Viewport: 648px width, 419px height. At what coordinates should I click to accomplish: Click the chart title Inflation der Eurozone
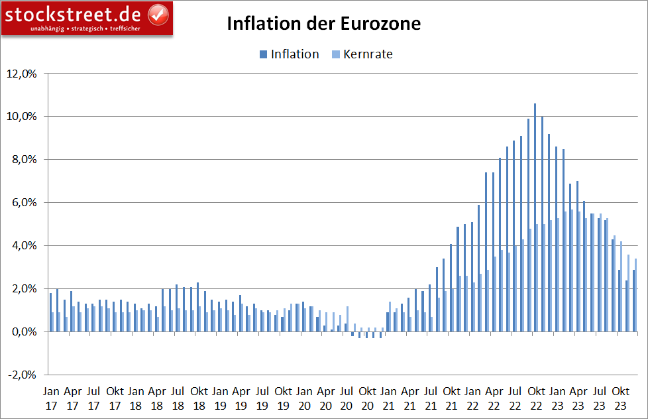(x=324, y=24)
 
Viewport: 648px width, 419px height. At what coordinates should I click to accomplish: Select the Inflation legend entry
(x=289, y=54)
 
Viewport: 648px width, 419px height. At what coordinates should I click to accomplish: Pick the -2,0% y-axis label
(x=24, y=375)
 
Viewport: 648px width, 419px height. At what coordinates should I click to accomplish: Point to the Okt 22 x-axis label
(x=535, y=396)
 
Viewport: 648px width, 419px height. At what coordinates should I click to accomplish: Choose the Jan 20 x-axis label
(x=304, y=396)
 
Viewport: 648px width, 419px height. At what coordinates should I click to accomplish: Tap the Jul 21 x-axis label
(x=430, y=396)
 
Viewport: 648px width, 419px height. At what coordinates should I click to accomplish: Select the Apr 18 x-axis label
(x=157, y=396)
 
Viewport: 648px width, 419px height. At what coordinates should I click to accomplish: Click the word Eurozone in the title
(x=380, y=24)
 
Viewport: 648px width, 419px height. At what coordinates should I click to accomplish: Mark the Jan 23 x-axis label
(x=557, y=396)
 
